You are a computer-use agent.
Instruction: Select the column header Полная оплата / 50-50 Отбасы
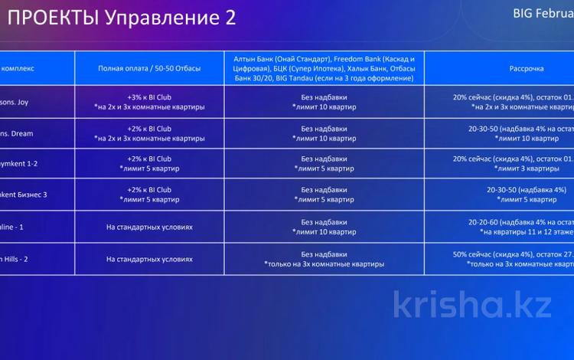(x=149, y=69)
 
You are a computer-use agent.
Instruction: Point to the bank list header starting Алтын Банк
(x=325, y=69)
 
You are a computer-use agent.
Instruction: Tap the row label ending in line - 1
(x=15, y=227)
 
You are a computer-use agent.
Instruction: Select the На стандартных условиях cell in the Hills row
(x=149, y=259)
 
